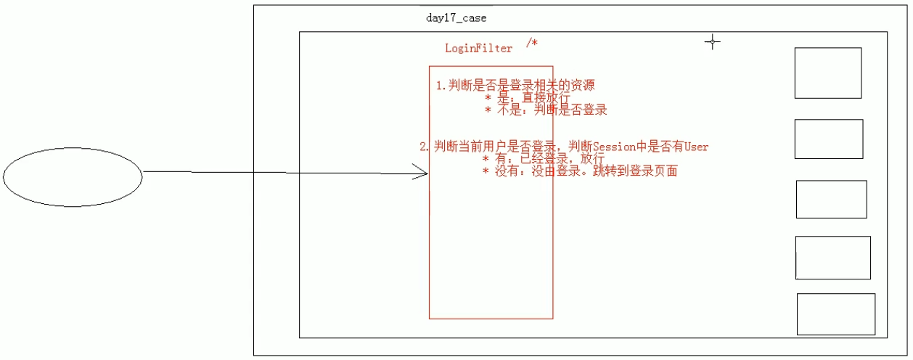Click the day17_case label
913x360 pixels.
pos(456,18)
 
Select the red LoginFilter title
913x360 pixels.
pos(478,49)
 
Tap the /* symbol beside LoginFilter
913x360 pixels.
pos(532,44)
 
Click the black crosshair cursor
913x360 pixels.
pos(713,42)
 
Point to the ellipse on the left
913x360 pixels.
pos(73,176)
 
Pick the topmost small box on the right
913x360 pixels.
pos(827,73)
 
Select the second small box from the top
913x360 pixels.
pos(828,139)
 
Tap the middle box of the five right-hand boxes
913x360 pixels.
pos(831,199)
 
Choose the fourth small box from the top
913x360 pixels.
pos(832,258)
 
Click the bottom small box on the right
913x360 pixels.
pos(835,314)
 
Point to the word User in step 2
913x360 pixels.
pos(696,147)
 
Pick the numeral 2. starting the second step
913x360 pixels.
pos(425,147)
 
